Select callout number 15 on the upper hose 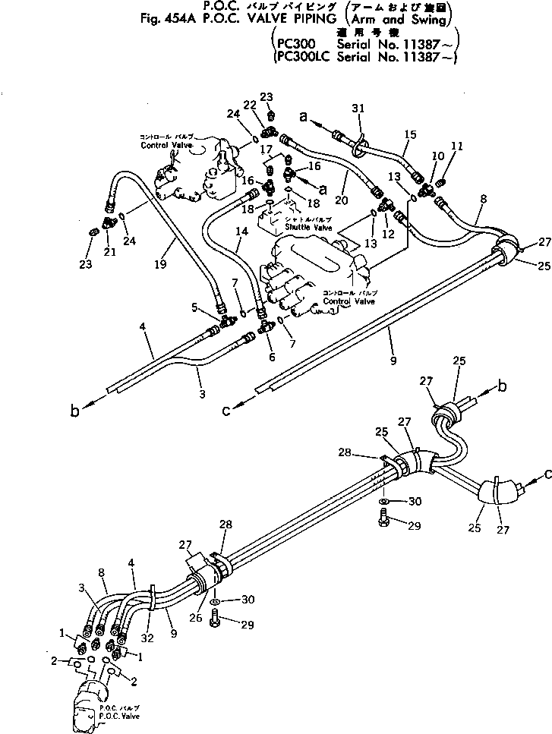(x=410, y=134)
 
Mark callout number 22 (x=250, y=106)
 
